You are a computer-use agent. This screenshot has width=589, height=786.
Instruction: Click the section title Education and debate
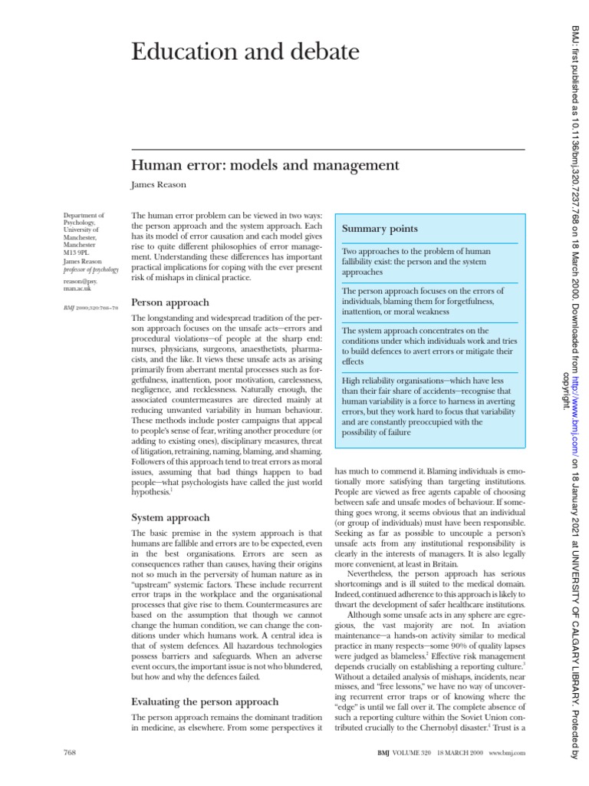235,52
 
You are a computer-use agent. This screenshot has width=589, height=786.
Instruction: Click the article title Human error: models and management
266,165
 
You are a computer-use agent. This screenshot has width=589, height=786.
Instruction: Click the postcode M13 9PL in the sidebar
77,251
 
